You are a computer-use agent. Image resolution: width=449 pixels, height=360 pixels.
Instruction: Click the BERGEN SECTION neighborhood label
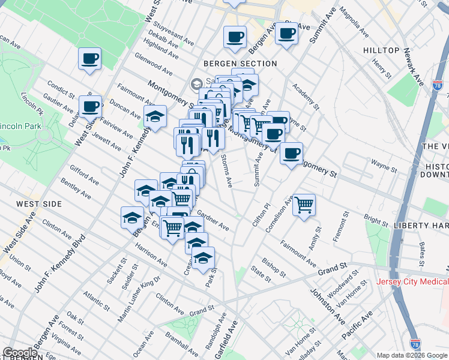(x=240, y=64)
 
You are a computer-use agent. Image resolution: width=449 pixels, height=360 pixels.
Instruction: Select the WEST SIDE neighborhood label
(x=39, y=204)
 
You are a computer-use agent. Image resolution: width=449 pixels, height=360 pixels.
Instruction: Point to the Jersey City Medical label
(x=412, y=282)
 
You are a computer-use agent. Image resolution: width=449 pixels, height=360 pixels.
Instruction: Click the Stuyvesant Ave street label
(x=173, y=34)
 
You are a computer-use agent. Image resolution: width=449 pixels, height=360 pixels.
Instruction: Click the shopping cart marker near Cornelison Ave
(x=304, y=205)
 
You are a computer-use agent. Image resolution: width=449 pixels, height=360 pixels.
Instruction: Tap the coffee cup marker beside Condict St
(x=90, y=107)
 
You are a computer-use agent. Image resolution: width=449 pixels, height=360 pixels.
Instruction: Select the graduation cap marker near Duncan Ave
(x=155, y=117)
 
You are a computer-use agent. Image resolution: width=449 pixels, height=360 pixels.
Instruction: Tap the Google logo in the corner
(x=20, y=353)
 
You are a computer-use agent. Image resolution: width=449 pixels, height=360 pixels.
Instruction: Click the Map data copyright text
(x=412, y=355)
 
